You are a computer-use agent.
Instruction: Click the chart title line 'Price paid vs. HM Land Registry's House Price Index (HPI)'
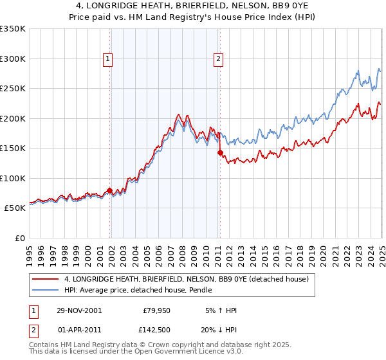click(x=193, y=18)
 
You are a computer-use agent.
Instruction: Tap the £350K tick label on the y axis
click(x=13, y=29)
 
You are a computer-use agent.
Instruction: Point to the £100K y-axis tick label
click(x=13, y=178)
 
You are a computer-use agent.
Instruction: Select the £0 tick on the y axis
click(x=20, y=238)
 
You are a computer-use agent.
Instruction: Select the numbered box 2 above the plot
click(x=219, y=59)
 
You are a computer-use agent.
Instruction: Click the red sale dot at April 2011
click(x=219, y=153)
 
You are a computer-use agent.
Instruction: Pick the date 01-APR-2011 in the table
click(x=79, y=330)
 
